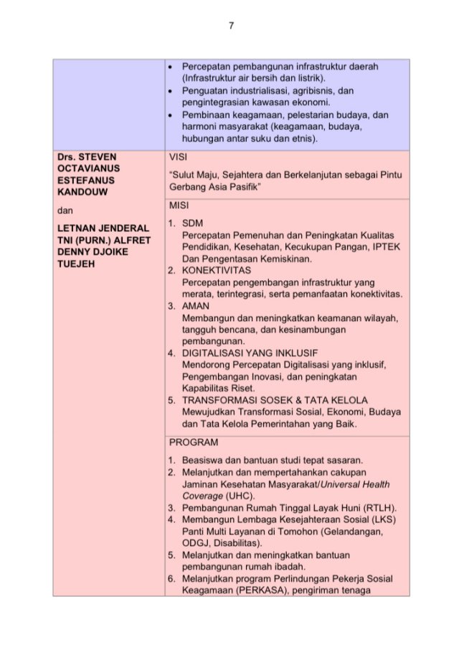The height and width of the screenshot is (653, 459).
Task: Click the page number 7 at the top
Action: click(x=231, y=27)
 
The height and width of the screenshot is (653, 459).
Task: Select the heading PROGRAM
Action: click(x=194, y=443)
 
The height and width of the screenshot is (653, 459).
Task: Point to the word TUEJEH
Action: click(x=74, y=264)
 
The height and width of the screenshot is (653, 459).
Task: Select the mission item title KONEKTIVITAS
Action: click(x=215, y=271)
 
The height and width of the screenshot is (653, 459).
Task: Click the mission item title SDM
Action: click(x=191, y=223)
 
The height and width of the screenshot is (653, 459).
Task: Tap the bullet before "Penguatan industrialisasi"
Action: click(x=169, y=91)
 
